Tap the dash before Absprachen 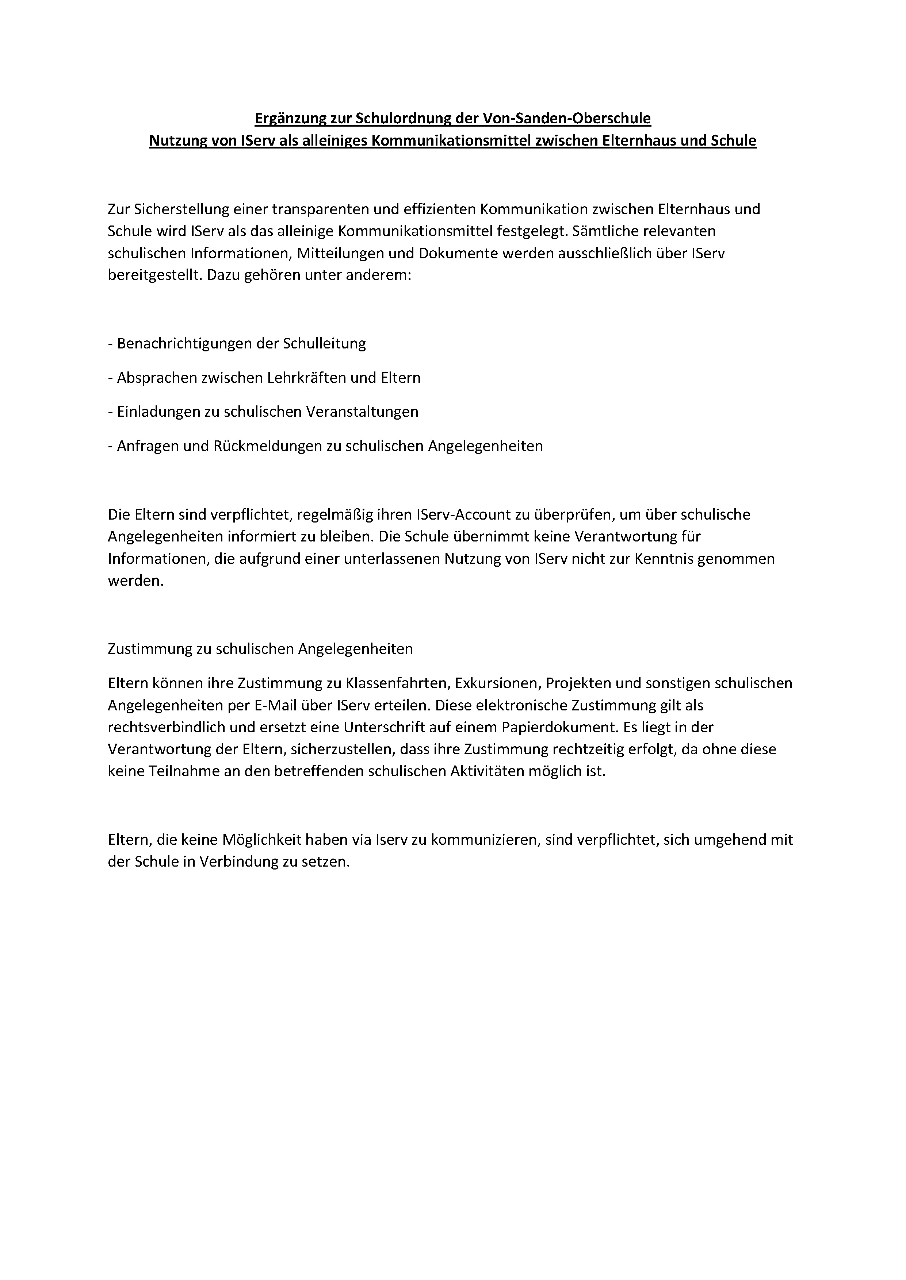click(x=110, y=378)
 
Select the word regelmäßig click(x=347, y=514)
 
